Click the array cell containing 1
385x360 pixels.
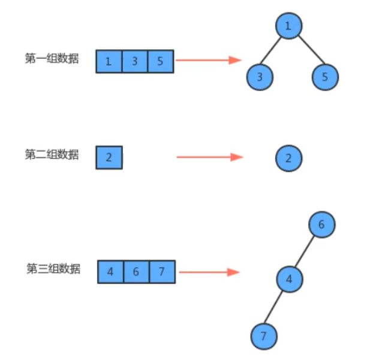(109, 61)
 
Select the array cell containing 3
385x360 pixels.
(134, 61)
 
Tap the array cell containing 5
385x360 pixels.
(160, 61)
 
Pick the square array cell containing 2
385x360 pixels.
(109, 158)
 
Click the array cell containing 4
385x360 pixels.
(111, 271)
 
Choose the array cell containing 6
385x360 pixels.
(136, 271)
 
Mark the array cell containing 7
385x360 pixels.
(162, 271)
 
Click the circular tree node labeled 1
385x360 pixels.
(288, 26)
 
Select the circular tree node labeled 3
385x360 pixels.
(260, 77)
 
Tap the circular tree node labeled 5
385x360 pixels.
(325, 77)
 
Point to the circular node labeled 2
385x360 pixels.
(288, 158)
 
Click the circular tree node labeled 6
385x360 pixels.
(321, 225)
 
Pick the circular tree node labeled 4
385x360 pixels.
(290, 279)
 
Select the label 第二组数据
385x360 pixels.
(52, 155)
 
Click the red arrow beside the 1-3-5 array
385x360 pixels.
(208, 60)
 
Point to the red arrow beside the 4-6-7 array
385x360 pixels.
(209, 272)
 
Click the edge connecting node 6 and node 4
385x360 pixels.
(306, 252)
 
